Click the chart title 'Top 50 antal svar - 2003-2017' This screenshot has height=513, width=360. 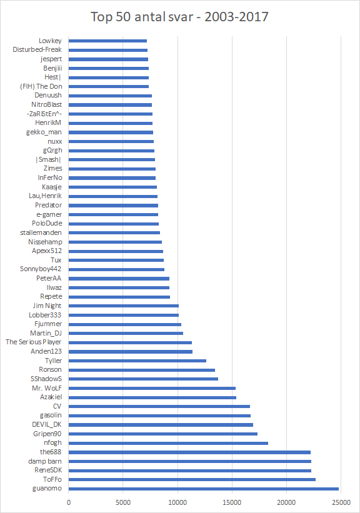coord(179,17)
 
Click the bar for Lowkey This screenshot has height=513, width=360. coord(107,41)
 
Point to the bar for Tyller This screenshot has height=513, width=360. coord(137,361)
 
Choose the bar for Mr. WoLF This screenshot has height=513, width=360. coord(152,389)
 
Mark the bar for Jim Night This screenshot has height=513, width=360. coord(124,306)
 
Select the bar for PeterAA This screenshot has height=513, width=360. coord(119,279)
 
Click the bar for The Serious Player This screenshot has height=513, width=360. coord(130,342)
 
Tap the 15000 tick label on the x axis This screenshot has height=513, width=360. coord(232,502)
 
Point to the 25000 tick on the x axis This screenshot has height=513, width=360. coord(341,502)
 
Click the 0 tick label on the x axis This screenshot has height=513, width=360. coord(69,502)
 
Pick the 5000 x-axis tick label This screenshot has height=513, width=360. coord(123,502)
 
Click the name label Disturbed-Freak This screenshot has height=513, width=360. coord(37,50)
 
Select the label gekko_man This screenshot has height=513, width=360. coord(44,132)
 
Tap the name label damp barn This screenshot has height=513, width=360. coord(45,461)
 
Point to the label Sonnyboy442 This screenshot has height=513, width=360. coord(41,269)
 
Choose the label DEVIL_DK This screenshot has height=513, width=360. coord(46,425)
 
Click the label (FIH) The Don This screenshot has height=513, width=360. coord(41,86)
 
